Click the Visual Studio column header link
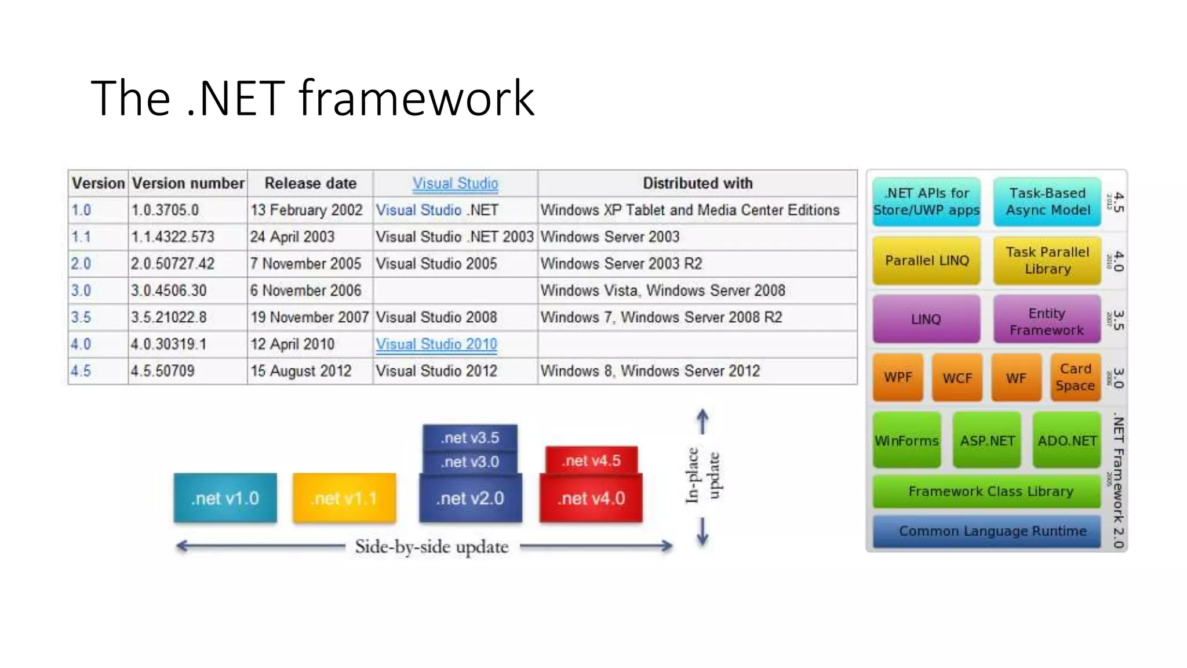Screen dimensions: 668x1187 pyautogui.click(x=455, y=183)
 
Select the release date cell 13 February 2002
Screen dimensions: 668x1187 pyautogui.click(x=306, y=210)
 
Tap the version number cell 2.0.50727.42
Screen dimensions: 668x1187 pyautogui.click(x=173, y=264)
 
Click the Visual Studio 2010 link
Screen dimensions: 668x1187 pyautogui.click(x=436, y=344)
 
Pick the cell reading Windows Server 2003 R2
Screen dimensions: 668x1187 pyautogui.click(x=621, y=264)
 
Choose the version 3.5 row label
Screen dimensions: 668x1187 pyautogui.click(x=81, y=317)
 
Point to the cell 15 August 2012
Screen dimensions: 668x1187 pyautogui.click(x=301, y=371)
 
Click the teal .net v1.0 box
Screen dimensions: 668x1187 pyautogui.click(x=225, y=498)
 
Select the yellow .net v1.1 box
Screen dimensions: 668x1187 pyautogui.click(x=344, y=498)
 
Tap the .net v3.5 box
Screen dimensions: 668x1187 pyautogui.click(x=469, y=438)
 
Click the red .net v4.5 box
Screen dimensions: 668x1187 pyautogui.click(x=591, y=460)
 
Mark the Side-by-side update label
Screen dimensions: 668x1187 pyautogui.click(x=431, y=547)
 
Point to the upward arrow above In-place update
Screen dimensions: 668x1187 pyautogui.click(x=702, y=421)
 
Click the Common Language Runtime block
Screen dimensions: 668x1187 pyautogui.click(x=992, y=531)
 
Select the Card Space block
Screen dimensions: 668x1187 pyautogui.click(x=1075, y=377)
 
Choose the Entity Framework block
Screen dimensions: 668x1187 pyautogui.click(x=1046, y=321)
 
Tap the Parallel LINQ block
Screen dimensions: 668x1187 pyautogui.click(x=926, y=260)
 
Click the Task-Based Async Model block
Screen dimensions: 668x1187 pyautogui.click(x=1047, y=201)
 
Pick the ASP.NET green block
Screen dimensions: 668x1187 pyautogui.click(x=986, y=441)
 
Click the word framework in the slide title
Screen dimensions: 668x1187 pyautogui.click(x=416, y=99)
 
